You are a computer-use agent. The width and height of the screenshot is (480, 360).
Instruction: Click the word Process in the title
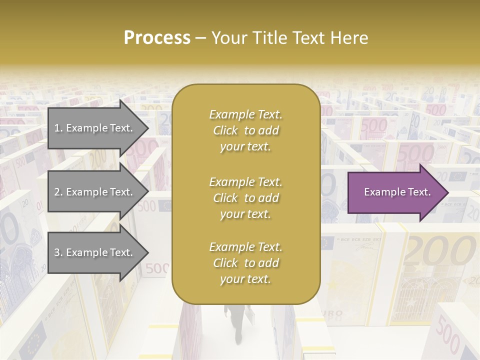click(x=157, y=38)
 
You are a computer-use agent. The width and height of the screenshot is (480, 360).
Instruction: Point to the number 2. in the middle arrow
click(x=58, y=192)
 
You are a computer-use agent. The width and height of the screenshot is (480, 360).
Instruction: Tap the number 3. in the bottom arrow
click(x=58, y=253)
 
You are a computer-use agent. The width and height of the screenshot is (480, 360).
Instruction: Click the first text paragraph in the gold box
click(x=245, y=130)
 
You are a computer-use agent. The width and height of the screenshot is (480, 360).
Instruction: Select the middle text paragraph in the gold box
click(x=245, y=198)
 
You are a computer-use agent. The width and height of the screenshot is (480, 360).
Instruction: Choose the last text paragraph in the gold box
click(x=245, y=263)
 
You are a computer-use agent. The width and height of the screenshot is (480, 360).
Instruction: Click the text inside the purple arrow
click(x=397, y=192)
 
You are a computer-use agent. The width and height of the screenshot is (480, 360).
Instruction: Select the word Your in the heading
click(x=230, y=38)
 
